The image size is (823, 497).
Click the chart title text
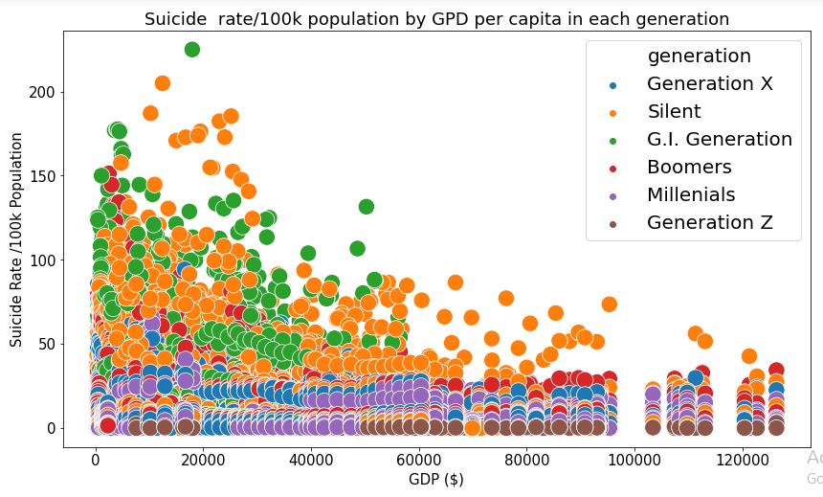click(x=436, y=19)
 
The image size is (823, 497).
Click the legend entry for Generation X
click(x=709, y=84)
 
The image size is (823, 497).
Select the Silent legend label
click(x=674, y=112)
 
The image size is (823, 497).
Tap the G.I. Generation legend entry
click(x=719, y=140)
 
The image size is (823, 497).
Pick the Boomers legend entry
click(x=689, y=168)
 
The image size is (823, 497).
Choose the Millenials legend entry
click(x=691, y=195)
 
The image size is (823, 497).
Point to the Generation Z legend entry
click(x=709, y=223)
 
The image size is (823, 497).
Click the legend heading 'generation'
click(x=699, y=56)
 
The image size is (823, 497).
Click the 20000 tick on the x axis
click(x=203, y=461)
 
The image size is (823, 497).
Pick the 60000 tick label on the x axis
click(x=419, y=461)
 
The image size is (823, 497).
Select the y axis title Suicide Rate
click(x=16, y=239)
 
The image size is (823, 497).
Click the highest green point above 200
click(x=191, y=50)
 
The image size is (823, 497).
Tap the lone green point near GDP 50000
click(x=366, y=207)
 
